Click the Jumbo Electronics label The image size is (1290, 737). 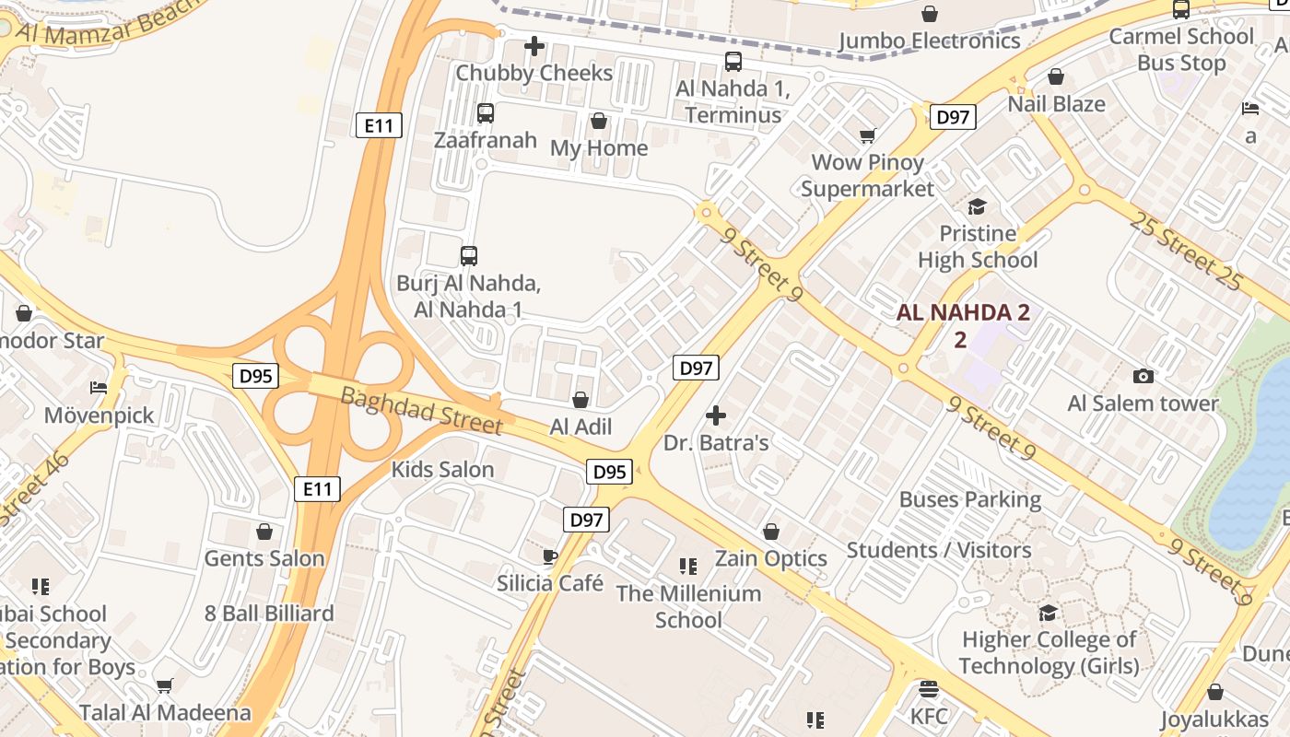click(930, 41)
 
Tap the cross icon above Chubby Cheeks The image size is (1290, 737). click(534, 46)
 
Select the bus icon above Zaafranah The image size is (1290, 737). click(486, 113)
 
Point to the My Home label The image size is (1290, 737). click(599, 148)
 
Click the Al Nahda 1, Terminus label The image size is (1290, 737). click(733, 101)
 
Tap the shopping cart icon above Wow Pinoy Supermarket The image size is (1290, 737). click(867, 136)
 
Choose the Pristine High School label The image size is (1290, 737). click(978, 247)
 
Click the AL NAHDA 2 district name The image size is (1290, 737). click(963, 312)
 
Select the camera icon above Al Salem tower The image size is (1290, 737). click(1143, 376)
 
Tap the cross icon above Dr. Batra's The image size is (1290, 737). click(716, 415)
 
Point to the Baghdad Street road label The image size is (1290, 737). click(422, 411)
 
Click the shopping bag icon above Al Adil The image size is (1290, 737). click(580, 400)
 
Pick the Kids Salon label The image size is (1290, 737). click(442, 470)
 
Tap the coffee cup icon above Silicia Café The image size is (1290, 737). click(550, 556)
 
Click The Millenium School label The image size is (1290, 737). click(689, 606)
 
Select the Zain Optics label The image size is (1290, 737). click(771, 558)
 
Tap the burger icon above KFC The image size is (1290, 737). click(929, 689)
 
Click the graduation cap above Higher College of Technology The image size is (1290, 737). click(1049, 613)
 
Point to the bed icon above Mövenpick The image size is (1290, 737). click(100, 388)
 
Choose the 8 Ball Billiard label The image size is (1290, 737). click(269, 614)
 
